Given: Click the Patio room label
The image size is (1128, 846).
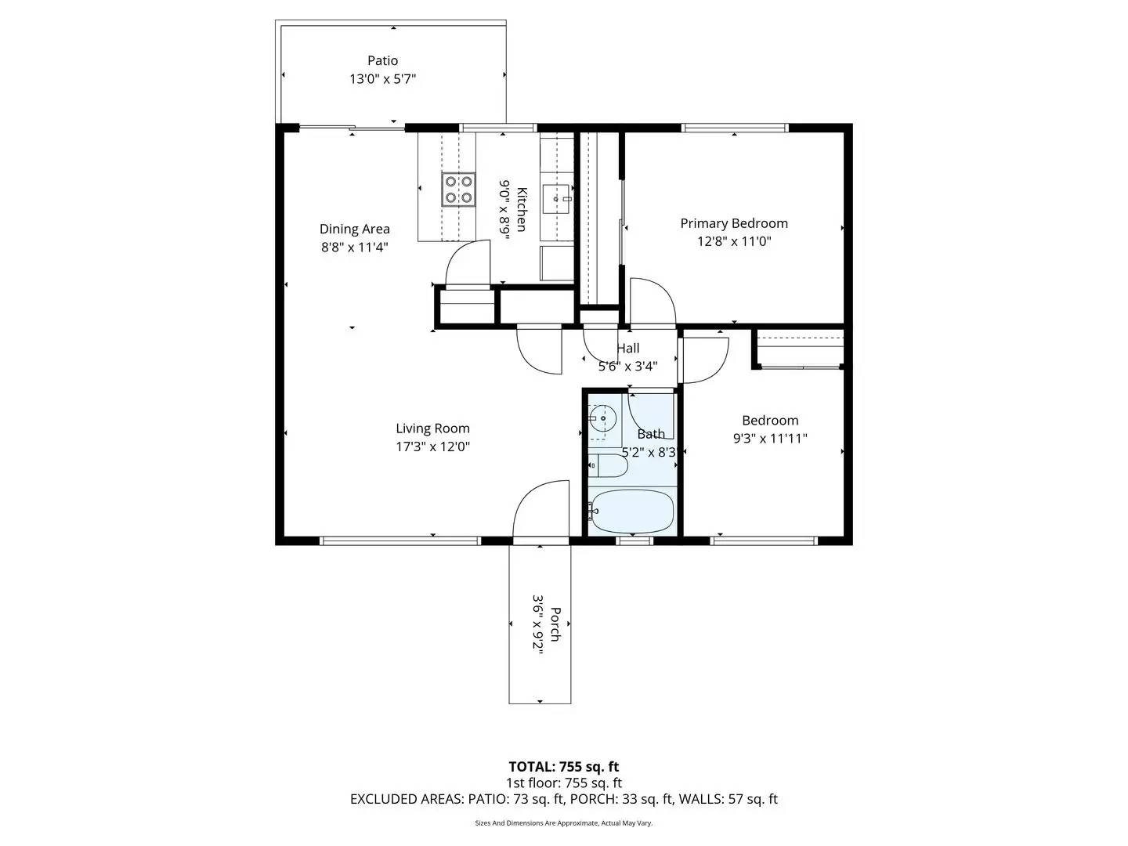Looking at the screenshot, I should coord(382,60).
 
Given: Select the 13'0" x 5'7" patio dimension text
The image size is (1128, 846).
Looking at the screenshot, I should coord(382,79).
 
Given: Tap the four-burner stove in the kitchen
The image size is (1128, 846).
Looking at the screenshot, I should coord(458,189).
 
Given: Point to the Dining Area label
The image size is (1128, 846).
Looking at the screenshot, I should coord(354,229).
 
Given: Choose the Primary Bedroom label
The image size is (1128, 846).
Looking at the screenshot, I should coord(734,223).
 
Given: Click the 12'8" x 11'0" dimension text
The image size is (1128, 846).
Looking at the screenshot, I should coord(734,241).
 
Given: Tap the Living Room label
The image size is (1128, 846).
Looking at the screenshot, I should coord(432,428).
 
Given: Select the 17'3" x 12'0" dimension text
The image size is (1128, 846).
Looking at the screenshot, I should coord(432,447).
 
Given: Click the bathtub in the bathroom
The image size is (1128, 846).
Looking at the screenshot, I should coord(631,512).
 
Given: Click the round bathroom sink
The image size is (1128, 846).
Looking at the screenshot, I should coord(602,419).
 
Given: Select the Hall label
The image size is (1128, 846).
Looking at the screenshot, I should coord(627,349).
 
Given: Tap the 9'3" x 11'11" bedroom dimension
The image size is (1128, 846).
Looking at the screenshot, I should coord(769,439).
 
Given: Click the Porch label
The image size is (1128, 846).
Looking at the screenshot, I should coord(555,624).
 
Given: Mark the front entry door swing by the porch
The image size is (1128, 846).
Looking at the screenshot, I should coord(540,509).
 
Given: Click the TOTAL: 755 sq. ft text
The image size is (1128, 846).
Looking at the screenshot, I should coord(563,767).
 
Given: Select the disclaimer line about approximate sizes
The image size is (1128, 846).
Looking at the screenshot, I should coord(563,823).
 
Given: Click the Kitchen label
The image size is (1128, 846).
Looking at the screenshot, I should coord(522,210).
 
